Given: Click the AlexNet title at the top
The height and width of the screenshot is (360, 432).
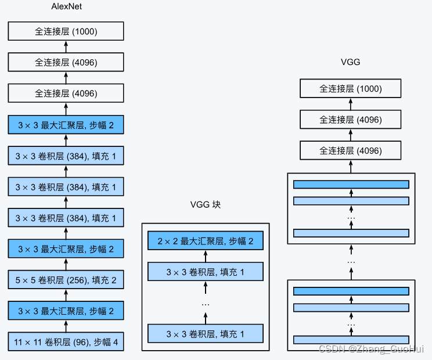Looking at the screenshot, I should tap(66, 8).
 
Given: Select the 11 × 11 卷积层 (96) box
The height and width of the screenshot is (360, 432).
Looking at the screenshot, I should tap(66, 342).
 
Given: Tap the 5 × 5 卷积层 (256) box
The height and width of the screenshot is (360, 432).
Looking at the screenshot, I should tap(66, 280).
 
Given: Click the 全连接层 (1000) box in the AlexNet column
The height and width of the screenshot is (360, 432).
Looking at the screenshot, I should tap(66, 31).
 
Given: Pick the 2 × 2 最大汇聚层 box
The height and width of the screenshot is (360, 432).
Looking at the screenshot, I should tap(206, 240).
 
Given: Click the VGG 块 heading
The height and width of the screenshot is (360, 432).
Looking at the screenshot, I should tap(206, 205).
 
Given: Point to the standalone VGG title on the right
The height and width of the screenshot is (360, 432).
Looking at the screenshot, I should tap(351, 62).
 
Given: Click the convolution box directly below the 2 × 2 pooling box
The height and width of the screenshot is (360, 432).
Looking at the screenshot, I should tap(206, 271).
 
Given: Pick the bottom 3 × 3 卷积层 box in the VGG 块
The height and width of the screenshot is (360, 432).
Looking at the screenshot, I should tap(206, 333).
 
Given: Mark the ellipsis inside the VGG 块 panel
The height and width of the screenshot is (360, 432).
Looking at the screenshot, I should tap(206, 303).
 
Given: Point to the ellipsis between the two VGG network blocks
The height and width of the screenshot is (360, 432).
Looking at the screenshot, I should tap(351, 262).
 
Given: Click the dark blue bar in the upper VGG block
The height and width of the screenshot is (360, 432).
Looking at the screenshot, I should tap(351, 185).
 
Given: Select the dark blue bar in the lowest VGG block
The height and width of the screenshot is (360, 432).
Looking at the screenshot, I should tap(351, 291).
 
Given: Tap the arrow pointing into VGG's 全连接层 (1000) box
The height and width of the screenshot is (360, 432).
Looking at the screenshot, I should tap(351, 105).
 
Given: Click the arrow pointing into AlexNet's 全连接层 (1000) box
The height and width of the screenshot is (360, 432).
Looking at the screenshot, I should tap(66, 46).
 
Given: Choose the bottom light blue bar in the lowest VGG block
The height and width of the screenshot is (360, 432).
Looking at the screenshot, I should tap(351, 340).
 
